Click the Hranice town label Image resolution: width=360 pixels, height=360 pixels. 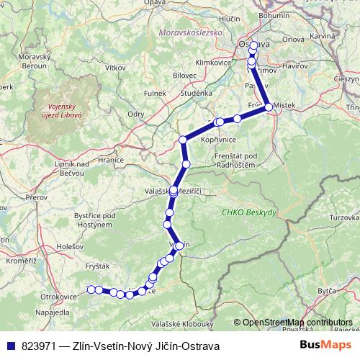(111, 160)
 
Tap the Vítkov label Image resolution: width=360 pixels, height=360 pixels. (114, 66)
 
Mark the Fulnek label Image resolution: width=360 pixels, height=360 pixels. (155, 92)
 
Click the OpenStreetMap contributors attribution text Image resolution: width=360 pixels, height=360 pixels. (297, 323)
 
